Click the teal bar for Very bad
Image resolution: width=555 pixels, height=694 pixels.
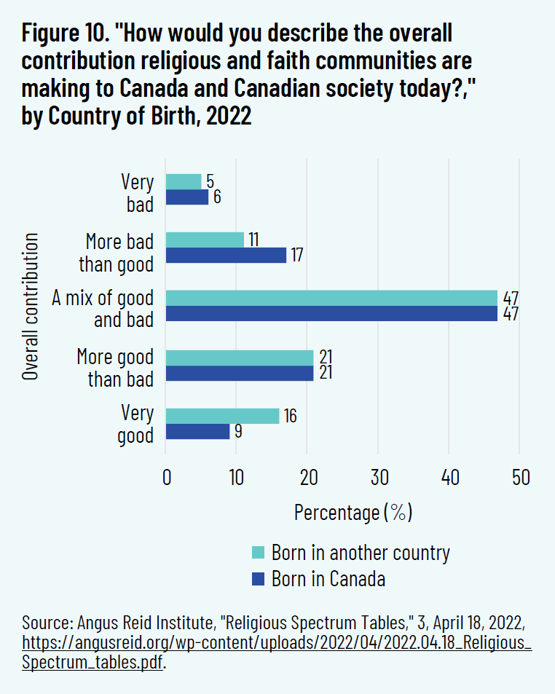(x=184, y=181)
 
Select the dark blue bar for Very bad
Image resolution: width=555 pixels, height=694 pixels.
(x=187, y=197)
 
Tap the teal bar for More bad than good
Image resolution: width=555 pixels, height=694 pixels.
(x=205, y=240)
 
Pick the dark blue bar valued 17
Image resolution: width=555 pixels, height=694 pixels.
(x=226, y=256)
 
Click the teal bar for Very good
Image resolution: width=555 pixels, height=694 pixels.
(x=222, y=416)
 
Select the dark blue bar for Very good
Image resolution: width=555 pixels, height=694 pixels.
(x=197, y=432)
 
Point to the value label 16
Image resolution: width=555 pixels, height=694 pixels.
(x=290, y=417)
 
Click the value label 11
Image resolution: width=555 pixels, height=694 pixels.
(x=253, y=240)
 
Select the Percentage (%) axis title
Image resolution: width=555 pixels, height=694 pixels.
(x=353, y=512)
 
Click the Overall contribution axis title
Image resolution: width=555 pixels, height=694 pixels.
(x=30, y=306)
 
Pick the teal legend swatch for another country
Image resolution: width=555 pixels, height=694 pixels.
(x=258, y=552)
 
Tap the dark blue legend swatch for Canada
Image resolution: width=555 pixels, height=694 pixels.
(x=258, y=580)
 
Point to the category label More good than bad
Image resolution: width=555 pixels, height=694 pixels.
(x=115, y=368)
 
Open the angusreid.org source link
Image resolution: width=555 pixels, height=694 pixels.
(x=277, y=644)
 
